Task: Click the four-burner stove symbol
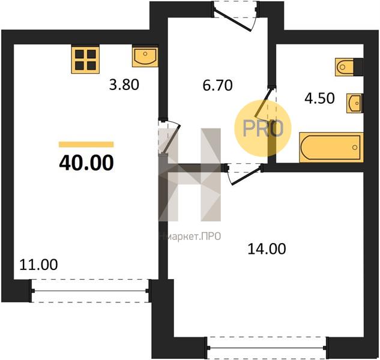pos(85,60)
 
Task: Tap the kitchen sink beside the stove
pos(145,57)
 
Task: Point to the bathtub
pos(331,147)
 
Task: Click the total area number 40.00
pos(86,163)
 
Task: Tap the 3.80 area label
pos(124,85)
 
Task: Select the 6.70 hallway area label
pos(217,85)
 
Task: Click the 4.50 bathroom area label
pos(319,98)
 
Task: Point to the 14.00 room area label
pos(267,249)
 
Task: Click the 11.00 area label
pos(38,265)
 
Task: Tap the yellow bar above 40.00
pos(86,145)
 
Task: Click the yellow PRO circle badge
pos(263,128)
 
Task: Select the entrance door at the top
pos(235,16)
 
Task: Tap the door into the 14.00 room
pos(245,174)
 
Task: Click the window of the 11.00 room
pos(90,291)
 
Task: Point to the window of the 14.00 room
pos(267,348)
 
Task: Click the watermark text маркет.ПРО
pos(190,236)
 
